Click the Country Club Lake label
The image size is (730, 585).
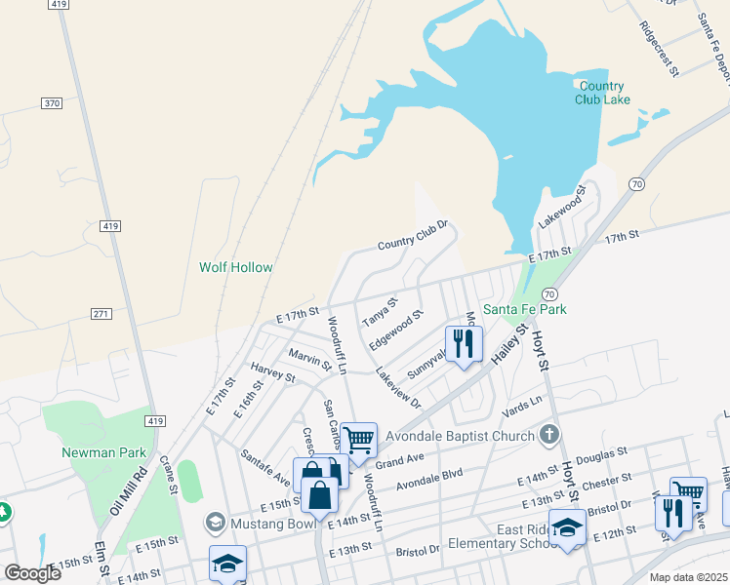600,93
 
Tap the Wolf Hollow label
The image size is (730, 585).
236,267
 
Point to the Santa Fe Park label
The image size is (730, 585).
525,309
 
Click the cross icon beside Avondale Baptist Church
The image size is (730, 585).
549,435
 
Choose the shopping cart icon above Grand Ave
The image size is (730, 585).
359,441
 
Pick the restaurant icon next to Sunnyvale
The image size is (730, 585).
464,343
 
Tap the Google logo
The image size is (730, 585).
32,572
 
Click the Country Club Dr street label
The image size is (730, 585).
412,235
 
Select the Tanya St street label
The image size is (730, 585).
380,312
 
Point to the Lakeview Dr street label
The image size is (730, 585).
398,389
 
